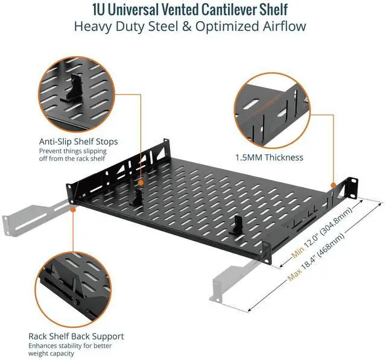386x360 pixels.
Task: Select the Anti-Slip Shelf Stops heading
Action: pos(78,142)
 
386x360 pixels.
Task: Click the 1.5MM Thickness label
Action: pos(269,157)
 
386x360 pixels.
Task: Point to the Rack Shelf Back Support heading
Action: pos(76,336)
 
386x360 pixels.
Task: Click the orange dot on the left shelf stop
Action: pos(140,182)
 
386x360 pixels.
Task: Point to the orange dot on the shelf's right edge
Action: pos(332,183)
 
